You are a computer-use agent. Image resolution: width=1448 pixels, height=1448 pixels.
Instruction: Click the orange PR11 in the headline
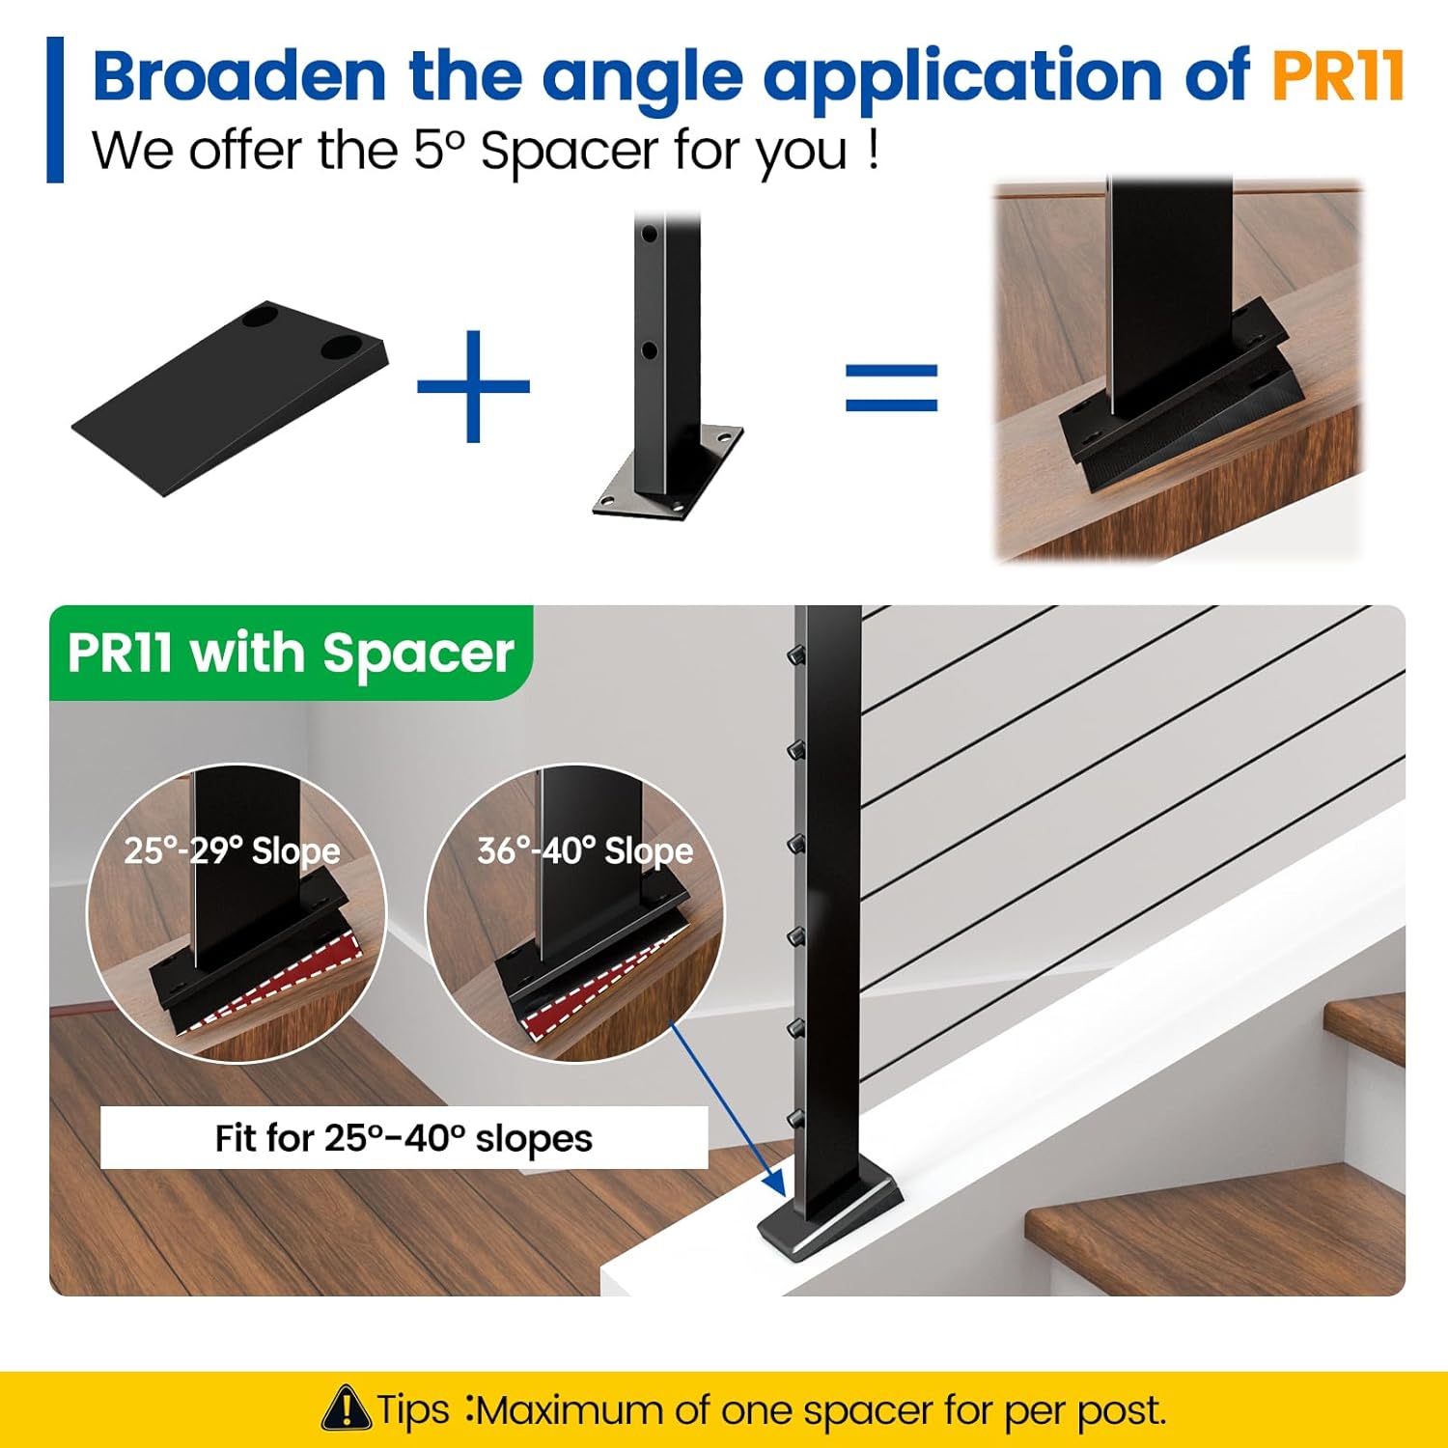click(x=1336, y=75)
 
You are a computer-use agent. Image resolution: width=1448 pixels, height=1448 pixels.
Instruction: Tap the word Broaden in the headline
click(x=239, y=75)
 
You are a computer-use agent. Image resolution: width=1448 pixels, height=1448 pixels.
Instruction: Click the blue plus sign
click(x=473, y=386)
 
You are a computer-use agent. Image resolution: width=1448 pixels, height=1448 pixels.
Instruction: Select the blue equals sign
click(x=891, y=388)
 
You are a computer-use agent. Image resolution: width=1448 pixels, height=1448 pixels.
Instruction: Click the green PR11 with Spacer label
click(x=291, y=654)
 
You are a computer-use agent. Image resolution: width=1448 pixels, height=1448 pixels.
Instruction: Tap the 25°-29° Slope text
click(x=232, y=850)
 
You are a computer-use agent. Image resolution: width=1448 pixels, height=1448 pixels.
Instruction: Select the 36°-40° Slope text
click(x=585, y=850)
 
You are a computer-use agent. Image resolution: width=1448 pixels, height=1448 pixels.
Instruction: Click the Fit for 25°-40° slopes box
click(x=404, y=1138)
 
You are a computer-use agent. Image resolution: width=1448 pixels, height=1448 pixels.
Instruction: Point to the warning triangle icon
click(x=346, y=1408)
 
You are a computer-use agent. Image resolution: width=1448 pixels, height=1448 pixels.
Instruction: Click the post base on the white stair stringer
click(x=830, y=1214)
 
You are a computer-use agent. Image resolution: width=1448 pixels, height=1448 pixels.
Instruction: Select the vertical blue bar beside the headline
click(x=55, y=109)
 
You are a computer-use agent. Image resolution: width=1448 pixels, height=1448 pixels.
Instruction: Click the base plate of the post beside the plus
click(x=668, y=473)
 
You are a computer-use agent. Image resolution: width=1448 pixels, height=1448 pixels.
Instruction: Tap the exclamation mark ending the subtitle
click(x=873, y=150)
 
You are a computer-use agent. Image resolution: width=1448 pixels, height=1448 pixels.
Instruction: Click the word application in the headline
click(x=962, y=77)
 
